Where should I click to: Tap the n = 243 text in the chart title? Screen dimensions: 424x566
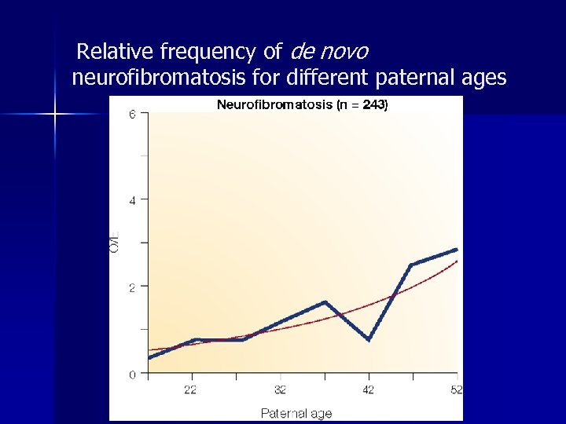pos(363,104)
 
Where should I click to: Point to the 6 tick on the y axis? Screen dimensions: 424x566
pos(133,114)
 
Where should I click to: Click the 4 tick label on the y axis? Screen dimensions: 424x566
pos(133,200)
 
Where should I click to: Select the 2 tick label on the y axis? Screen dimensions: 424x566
pos(133,287)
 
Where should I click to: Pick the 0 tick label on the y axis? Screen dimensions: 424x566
pos(133,375)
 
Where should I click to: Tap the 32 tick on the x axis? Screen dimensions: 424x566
pos(281,389)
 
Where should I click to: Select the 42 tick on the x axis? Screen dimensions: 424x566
pos(369,389)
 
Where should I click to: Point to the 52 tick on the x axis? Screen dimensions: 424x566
pos(455,389)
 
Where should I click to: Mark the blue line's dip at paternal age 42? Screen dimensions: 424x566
pos(369,339)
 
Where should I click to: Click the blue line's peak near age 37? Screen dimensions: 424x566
pos(325,302)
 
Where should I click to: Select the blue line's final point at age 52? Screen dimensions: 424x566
pos(456,250)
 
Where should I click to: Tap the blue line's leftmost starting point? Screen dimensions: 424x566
pos(149,358)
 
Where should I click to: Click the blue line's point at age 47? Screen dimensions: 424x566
pos(411,265)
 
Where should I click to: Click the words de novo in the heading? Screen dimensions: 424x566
pos(329,53)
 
